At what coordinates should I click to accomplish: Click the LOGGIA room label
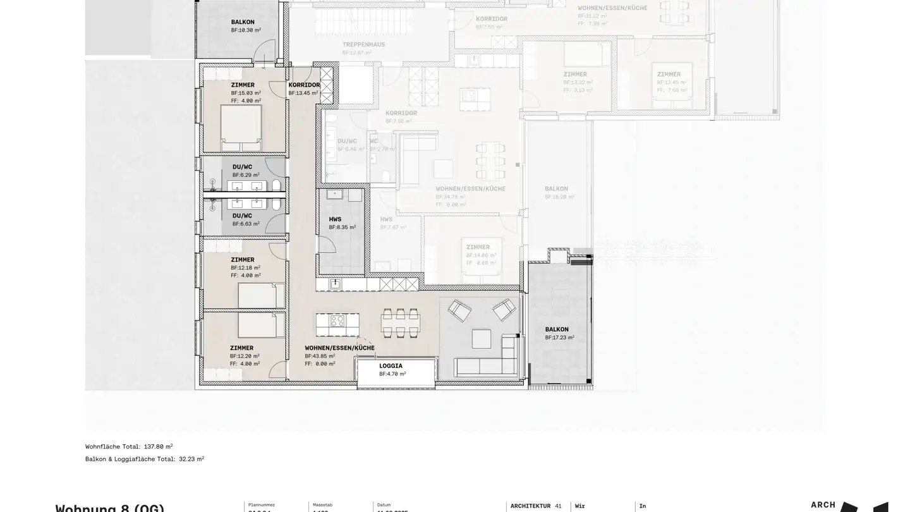point(391,366)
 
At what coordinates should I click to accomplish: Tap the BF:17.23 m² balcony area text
point(559,338)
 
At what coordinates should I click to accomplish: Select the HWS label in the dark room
point(335,219)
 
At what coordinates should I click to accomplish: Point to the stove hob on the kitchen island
point(337,320)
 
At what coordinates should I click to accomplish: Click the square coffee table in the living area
point(481,339)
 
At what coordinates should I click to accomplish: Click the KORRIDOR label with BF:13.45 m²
point(304,85)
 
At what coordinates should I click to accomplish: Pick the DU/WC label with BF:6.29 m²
point(242,167)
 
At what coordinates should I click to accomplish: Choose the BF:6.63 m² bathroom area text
point(246,224)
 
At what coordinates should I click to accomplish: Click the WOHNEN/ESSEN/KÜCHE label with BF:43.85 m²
point(339,348)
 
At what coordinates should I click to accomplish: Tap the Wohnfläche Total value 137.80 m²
point(157,446)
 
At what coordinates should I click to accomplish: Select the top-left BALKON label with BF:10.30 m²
point(243,22)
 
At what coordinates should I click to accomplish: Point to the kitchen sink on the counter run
point(335,284)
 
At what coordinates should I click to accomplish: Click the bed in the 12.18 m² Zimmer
point(257,295)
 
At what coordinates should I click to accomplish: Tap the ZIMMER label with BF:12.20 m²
point(241,348)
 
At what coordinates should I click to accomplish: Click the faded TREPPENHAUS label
point(363,45)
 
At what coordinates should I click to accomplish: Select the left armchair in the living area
point(459,310)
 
